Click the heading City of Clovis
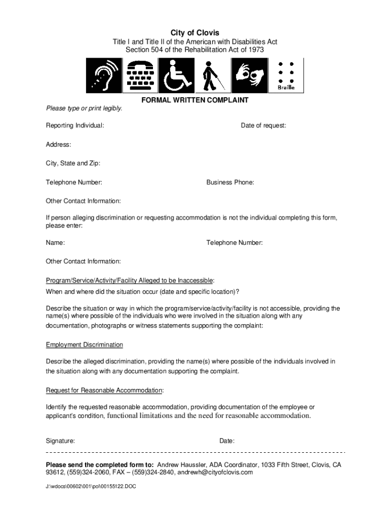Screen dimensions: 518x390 pyautogui.click(x=195, y=32)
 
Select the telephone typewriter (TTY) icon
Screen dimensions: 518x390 pyautogui.click(x=140, y=75)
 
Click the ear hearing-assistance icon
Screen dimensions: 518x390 pyautogui.click(x=104, y=75)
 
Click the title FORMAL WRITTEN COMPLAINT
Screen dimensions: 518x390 pyautogui.click(x=195, y=100)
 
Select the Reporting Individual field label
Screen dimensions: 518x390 pyautogui.click(x=75, y=125)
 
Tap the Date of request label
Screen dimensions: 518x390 pyautogui.click(x=263, y=125)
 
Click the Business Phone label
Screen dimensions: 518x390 pyautogui.click(x=230, y=182)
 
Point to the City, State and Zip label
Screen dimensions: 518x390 pyautogui.click(x=73, y=163)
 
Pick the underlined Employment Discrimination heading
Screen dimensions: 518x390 pyautogui.click(x=85, y=345)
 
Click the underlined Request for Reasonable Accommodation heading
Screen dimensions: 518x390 pyautogui.click(x=105, y=391)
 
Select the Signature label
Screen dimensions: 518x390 pyautogui.click(x=60, y=441)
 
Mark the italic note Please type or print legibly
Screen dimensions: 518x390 pyautogui.click(x=84, y=109)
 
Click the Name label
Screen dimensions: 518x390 pyautogui.click(x=55, y=243)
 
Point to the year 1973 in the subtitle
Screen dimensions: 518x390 pyautogui.click(x=255, y=50)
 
